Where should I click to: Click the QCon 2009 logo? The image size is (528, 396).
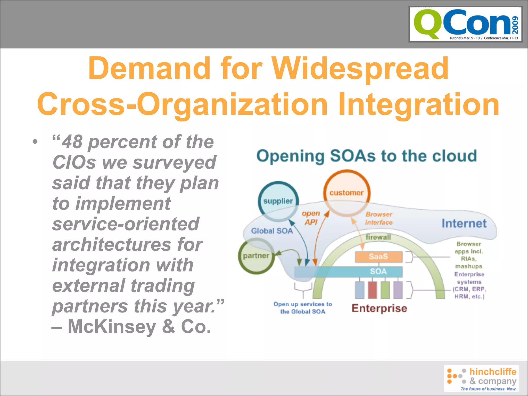click(x=465, y=24)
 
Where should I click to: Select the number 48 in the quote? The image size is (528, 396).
click(x=72, y=142)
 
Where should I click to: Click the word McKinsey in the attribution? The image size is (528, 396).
click(x=112, y=327)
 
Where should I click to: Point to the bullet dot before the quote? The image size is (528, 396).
click(x=35, y=142)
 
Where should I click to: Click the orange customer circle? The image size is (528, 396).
click(x=346, y=193)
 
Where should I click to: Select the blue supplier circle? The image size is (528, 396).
click(x=278, y=201)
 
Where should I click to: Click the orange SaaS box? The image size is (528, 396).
click(x=378, y=257)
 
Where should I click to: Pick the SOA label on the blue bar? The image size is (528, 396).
click(x=378, y=271)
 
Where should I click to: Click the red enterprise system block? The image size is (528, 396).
click(x=372, y=290)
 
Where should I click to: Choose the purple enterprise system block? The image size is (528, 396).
click(x=398, y=290)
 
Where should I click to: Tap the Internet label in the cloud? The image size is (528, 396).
click(x=464, y=224)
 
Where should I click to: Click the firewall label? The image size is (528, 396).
click(x=378, y=237)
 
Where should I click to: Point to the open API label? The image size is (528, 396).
click(x=311, y=218)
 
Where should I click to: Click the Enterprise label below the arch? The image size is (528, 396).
click(x=379, y=308)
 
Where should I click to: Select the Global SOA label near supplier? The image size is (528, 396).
click(x=272, y=231)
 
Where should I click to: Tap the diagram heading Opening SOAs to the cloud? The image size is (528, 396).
click(x=366, y=156)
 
